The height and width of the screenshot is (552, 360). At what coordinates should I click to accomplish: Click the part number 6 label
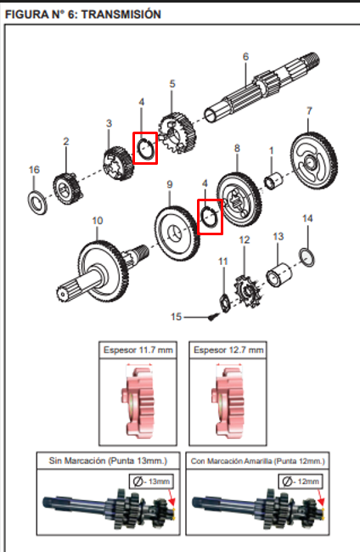(x=245, y=57)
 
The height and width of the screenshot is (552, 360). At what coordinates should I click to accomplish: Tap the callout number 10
(x=98, y=221)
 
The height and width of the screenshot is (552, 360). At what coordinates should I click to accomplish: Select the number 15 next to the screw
(x=177, y=317)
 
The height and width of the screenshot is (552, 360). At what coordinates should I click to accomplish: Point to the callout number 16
(x=34, y=170)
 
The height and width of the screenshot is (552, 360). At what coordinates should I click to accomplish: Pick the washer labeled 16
(x=37, y=203)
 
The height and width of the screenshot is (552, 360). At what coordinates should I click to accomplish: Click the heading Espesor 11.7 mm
(x=137, y=349)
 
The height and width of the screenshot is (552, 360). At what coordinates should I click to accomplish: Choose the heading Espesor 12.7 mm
(x=227, y=349)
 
